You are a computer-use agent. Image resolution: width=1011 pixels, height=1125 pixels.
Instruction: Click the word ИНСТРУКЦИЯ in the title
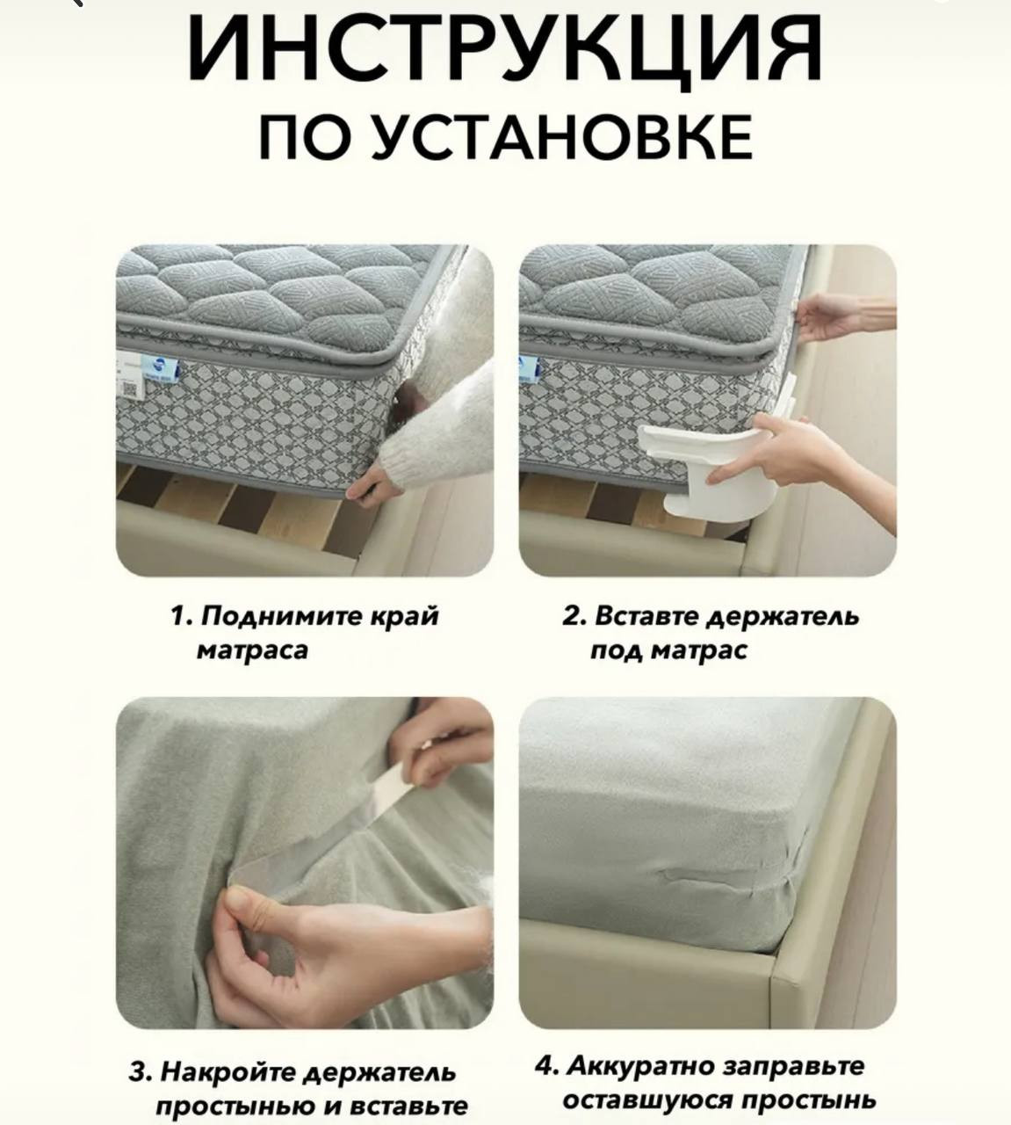(505, 49)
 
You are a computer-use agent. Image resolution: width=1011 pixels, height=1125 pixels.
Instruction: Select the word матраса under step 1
(253, 651)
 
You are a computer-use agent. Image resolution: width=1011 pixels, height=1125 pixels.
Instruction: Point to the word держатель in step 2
(783, 617)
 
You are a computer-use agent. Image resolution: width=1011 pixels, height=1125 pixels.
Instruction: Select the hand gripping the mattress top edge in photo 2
(841, 317)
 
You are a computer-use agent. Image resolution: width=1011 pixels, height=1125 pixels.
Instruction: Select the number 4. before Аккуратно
(546, 1066)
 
